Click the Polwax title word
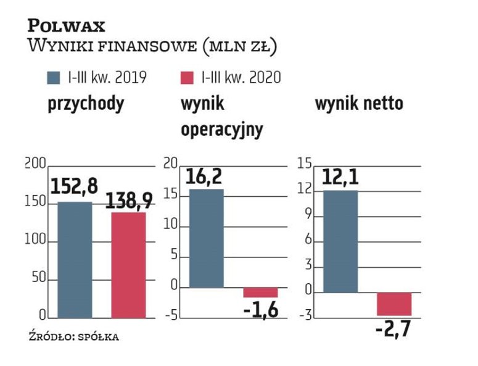pyautogui.click(x=66, y=25)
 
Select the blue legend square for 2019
pyautogui.click(x=54, y=78)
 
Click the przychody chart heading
pyautogui.click(x=86, y=103)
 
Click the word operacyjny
pyautogui.click(x=221, y=130)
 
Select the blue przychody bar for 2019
pyautogui.click(x=75, y=260)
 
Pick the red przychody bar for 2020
pyautogui.click(x=128, y=265)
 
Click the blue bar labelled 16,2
pyautogui.click(x=206, y=238)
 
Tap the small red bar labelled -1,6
pyautogui.click(x=260, y=293)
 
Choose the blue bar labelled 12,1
pyautogui.click(x=340, y=241)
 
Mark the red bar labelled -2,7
pyautogui.click(x=394, y=304)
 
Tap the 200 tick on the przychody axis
pyautogui.click(x=36, y=164)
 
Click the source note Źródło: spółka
pyautogui.click(x=73, y=337)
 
